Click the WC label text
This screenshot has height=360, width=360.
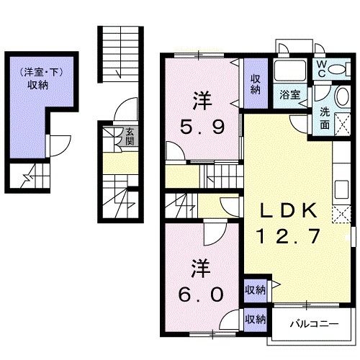(x=322, y=69)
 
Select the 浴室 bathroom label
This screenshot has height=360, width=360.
(x=290, y=94)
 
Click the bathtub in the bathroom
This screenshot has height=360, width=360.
(x=290, y=71)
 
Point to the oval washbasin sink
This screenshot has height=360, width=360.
(x=343, y=96)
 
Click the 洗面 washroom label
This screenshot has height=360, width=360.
(x=325, y=119)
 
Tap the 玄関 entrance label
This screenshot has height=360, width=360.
(x=130, y=137)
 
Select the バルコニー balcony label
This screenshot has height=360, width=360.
(x=314, y=325)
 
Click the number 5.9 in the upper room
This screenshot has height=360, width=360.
(x=202, y=127)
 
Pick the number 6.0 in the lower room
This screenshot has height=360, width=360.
(x=201, y=295)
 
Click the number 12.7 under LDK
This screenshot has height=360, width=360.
(x=288, y=236)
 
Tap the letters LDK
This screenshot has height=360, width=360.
(x=288, y=210)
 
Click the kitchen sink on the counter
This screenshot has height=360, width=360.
(x=341, y=189)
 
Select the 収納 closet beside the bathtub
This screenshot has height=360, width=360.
(x=256, y=84)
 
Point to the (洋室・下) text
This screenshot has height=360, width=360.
(x=42, y=72)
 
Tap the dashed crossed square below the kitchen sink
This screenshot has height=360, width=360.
(x=341, y=214)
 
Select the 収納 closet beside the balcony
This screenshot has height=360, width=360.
(x=256, y=320)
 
